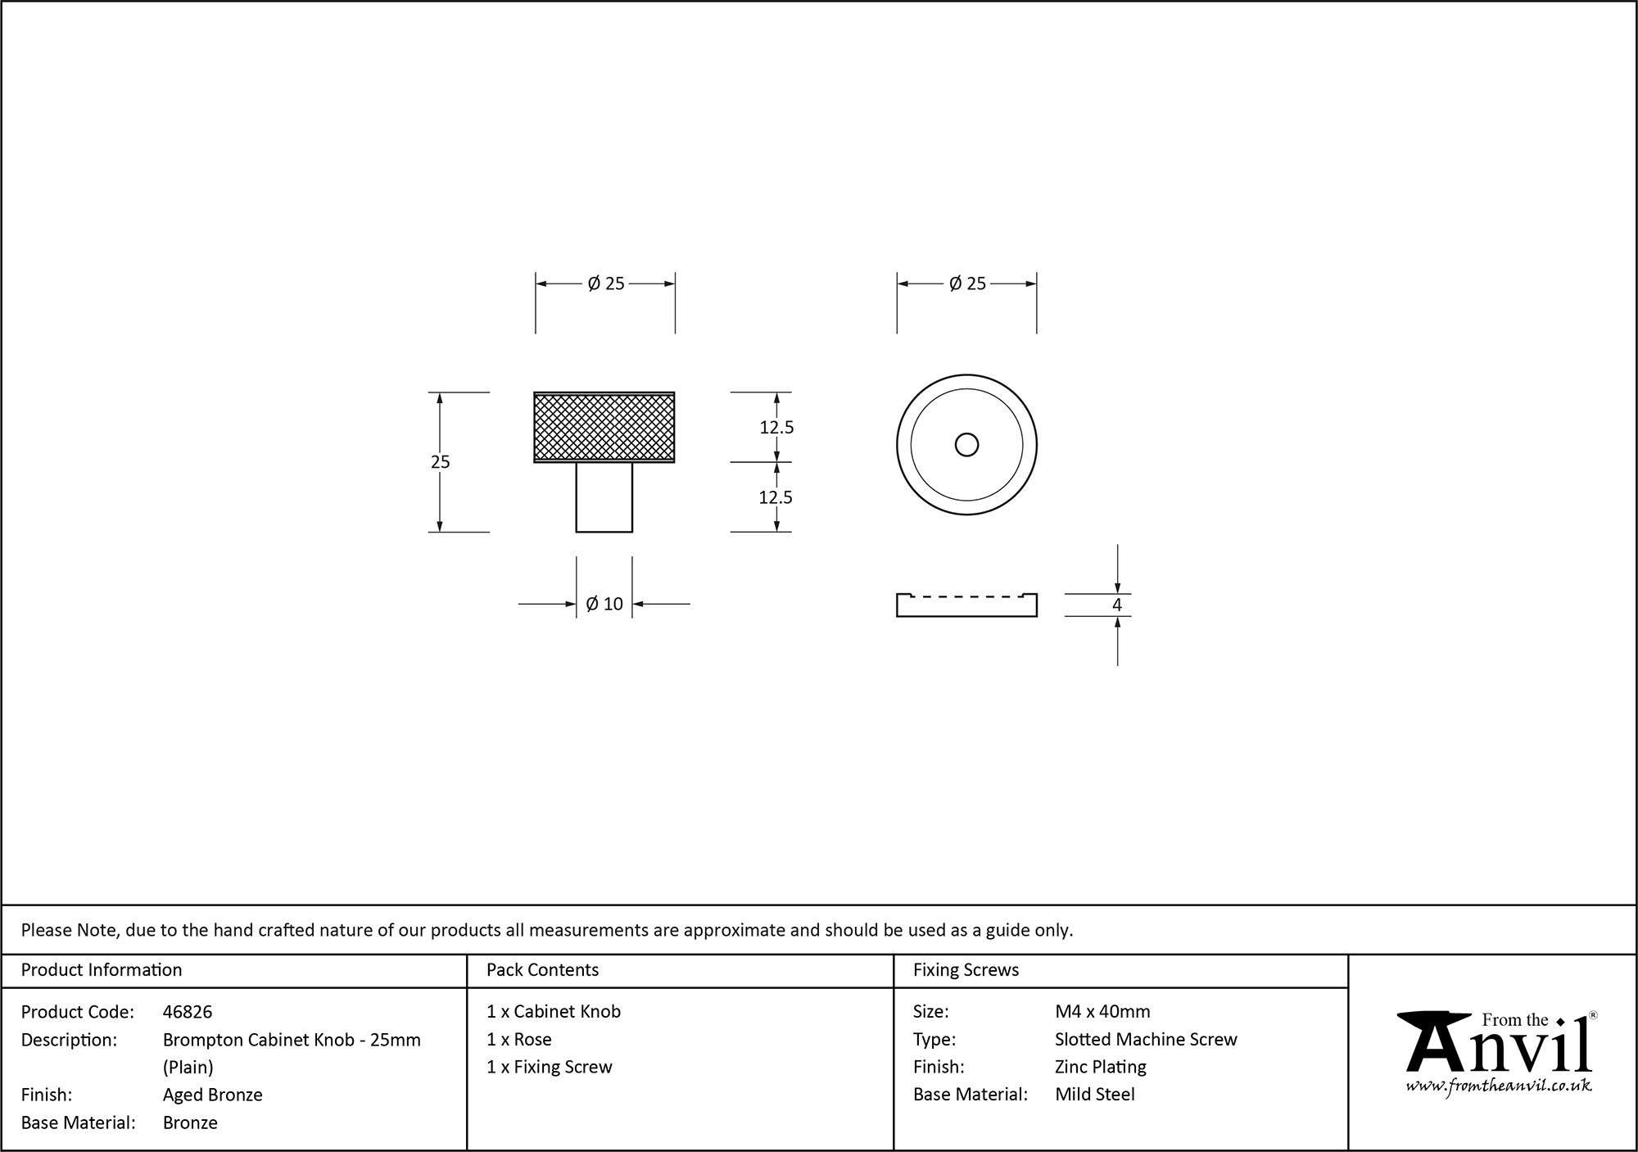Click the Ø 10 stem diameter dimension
pos(604,605)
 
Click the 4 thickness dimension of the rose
pos(1116,605)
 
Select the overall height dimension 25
pos(440,462)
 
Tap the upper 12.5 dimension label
pos(776,428)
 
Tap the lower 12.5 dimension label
pos(776,497)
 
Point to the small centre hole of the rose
pos(966,445)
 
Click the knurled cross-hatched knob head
pos(604,427)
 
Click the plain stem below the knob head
pos(604,497)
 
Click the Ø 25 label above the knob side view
pos(606,283)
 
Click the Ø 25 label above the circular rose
pos(967,283)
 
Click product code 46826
pos(188,1012)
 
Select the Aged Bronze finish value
pos(212,1095)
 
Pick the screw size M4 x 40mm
pos(1102,1012)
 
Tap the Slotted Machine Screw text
pos(1146,1040)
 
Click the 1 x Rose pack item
pos(519,1040)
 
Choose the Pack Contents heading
pos(542,970)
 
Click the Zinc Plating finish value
pos(1100,1067)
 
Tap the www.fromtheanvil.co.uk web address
pos(1498,1086)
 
